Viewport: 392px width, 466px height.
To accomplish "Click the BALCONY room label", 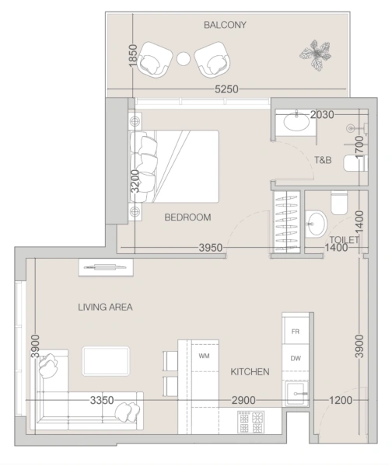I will (x=225, y=25).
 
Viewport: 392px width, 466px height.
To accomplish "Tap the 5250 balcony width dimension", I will (x=226, y=90).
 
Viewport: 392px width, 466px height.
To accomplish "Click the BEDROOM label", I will (x=187, y=217).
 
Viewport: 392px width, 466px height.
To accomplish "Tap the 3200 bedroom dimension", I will (x=135, y=183).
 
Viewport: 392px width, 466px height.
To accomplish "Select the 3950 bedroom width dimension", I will (x=211, y=249).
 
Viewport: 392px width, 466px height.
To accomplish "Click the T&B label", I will (x=324, y=161).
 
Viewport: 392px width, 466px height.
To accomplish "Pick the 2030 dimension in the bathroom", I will (x=321, y=115).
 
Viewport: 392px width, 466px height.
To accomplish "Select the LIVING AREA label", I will (x=105, y=308).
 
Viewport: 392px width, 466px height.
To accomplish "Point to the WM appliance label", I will (x=205, y=356).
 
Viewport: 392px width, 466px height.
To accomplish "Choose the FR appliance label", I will (x=295, y=331).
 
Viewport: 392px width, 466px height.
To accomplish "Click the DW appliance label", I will (x=295, y=358).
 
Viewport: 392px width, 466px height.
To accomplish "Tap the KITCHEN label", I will (x=250, y=372).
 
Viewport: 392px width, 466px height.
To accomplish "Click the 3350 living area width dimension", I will (x=103, y=401).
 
